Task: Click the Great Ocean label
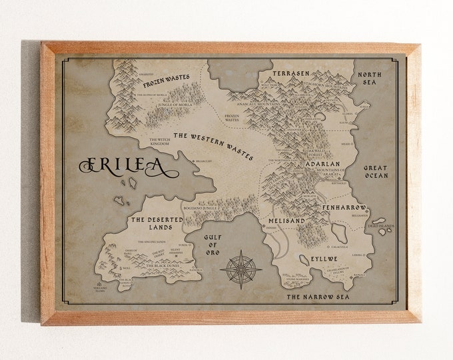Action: (376, 172)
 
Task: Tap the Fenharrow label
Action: (344, 207)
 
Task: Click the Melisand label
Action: (286, 219)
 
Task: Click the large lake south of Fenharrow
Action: (338, 232)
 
